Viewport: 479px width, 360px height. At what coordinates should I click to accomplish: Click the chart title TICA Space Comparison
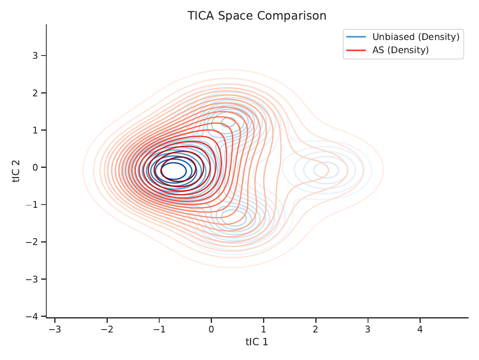(257, 16)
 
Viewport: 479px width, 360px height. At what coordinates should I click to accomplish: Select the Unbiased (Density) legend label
(416, 37)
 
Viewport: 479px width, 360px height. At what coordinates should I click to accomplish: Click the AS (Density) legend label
(400, 50)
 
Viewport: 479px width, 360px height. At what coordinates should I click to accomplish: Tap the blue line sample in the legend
(356, 37)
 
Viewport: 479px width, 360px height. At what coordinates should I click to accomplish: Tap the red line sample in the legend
(356, 50)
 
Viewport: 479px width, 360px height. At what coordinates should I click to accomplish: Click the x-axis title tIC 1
(257, 342)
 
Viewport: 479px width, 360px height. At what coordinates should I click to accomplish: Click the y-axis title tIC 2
(16, 171)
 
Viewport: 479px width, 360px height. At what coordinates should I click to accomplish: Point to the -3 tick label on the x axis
(55, 329)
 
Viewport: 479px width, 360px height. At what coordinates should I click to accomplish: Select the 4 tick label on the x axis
(420, 329)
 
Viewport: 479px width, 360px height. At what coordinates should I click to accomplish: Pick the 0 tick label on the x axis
(211, 329)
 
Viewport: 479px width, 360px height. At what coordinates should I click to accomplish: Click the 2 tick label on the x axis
(316, 329)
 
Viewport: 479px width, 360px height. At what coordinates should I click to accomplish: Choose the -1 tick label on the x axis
(159, 329)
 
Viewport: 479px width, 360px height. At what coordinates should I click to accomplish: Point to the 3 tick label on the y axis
(36, 56)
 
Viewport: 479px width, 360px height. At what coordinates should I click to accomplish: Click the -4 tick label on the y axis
(32, 316)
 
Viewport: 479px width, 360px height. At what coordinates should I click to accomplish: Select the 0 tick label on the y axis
(36, 167)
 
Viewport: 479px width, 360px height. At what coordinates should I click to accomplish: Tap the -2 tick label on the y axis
(32, 242)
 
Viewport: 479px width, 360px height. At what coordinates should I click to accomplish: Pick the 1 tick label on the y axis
(36, 130)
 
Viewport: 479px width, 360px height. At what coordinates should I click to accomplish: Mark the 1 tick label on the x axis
(263, 329)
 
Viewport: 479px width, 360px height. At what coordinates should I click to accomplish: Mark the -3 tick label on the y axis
(32, 279)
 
